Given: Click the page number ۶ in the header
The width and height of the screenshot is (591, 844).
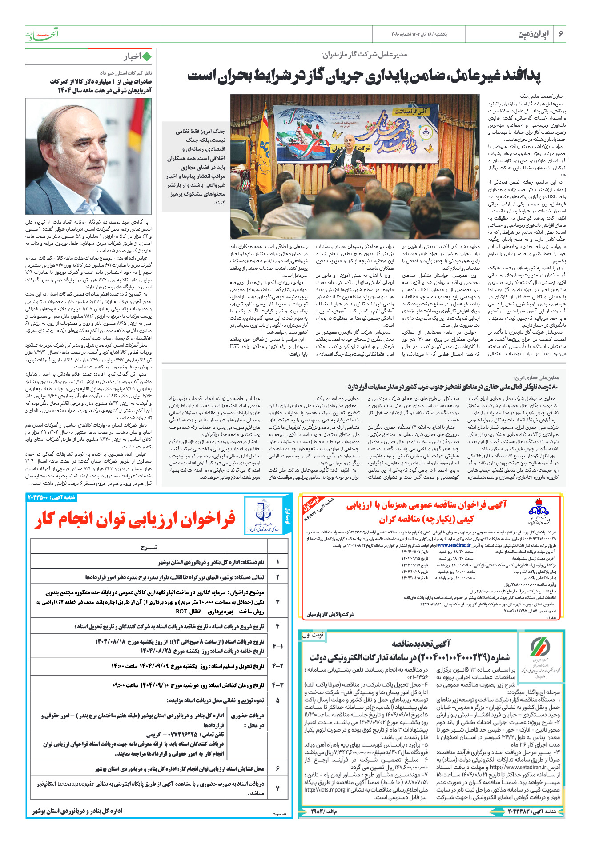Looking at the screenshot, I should click(560, 34).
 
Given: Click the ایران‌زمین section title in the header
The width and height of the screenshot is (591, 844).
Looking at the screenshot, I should click(533, 34).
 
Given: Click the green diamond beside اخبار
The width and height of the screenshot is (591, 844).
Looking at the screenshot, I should click(146, 56).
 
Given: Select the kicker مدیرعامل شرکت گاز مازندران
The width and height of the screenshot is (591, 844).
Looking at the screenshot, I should click(364, 55).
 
